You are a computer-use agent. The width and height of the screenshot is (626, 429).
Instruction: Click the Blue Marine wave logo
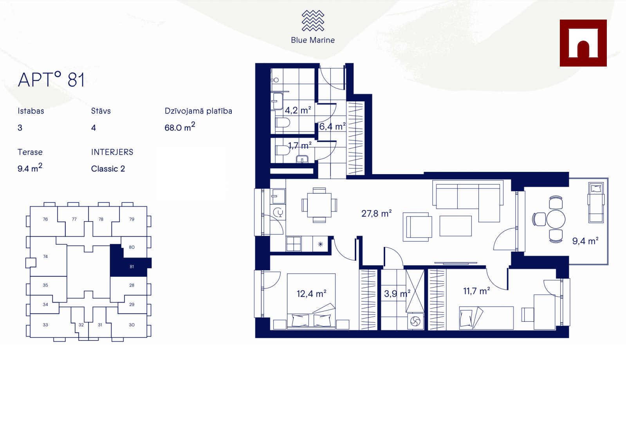point(313,20)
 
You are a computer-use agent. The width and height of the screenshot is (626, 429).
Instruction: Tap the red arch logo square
point(583,43)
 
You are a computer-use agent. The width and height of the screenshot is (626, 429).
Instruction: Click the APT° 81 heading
point(51,79)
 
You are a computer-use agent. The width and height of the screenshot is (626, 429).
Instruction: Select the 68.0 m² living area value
point(180,126)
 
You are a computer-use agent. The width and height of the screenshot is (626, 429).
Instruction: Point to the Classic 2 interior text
point(108,169)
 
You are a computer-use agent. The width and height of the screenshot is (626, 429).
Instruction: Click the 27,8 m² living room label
point(376,213)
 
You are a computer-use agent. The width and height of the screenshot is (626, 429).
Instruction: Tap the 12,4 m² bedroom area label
point(311,294)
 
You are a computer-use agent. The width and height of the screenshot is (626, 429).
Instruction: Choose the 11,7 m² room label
point(476,291)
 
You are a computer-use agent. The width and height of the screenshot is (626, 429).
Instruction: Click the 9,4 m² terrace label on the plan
point(585,241)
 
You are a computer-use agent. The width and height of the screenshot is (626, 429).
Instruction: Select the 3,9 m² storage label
point(397,294)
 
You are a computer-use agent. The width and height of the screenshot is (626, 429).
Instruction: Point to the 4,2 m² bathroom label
point(298,110)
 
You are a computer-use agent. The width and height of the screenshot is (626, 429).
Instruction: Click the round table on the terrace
point(556,219)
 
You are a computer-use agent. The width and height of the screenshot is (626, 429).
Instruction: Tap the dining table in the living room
point(319,205)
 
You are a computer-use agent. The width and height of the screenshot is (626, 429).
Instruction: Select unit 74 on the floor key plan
point(45,256)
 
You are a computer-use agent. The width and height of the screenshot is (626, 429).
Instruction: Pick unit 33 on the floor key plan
point(45,325)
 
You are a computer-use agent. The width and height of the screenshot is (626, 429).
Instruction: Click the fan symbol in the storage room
point(415,321)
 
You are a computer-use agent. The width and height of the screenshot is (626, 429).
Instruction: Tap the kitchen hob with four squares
point(294,244)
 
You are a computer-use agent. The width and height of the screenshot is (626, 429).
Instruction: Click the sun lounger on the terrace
point(596,203)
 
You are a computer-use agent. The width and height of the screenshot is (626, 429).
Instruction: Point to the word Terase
point(30,152)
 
